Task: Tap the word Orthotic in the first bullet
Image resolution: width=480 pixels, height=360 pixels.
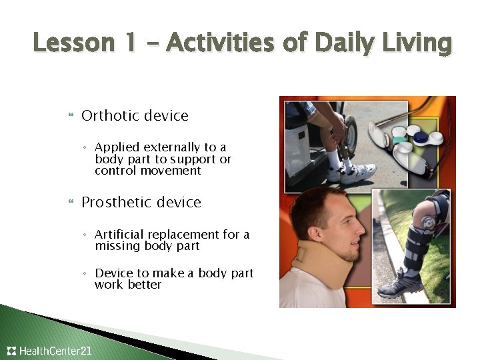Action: (x=109, y=116)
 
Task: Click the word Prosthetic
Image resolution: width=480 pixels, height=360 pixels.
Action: (x=115, y=203)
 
